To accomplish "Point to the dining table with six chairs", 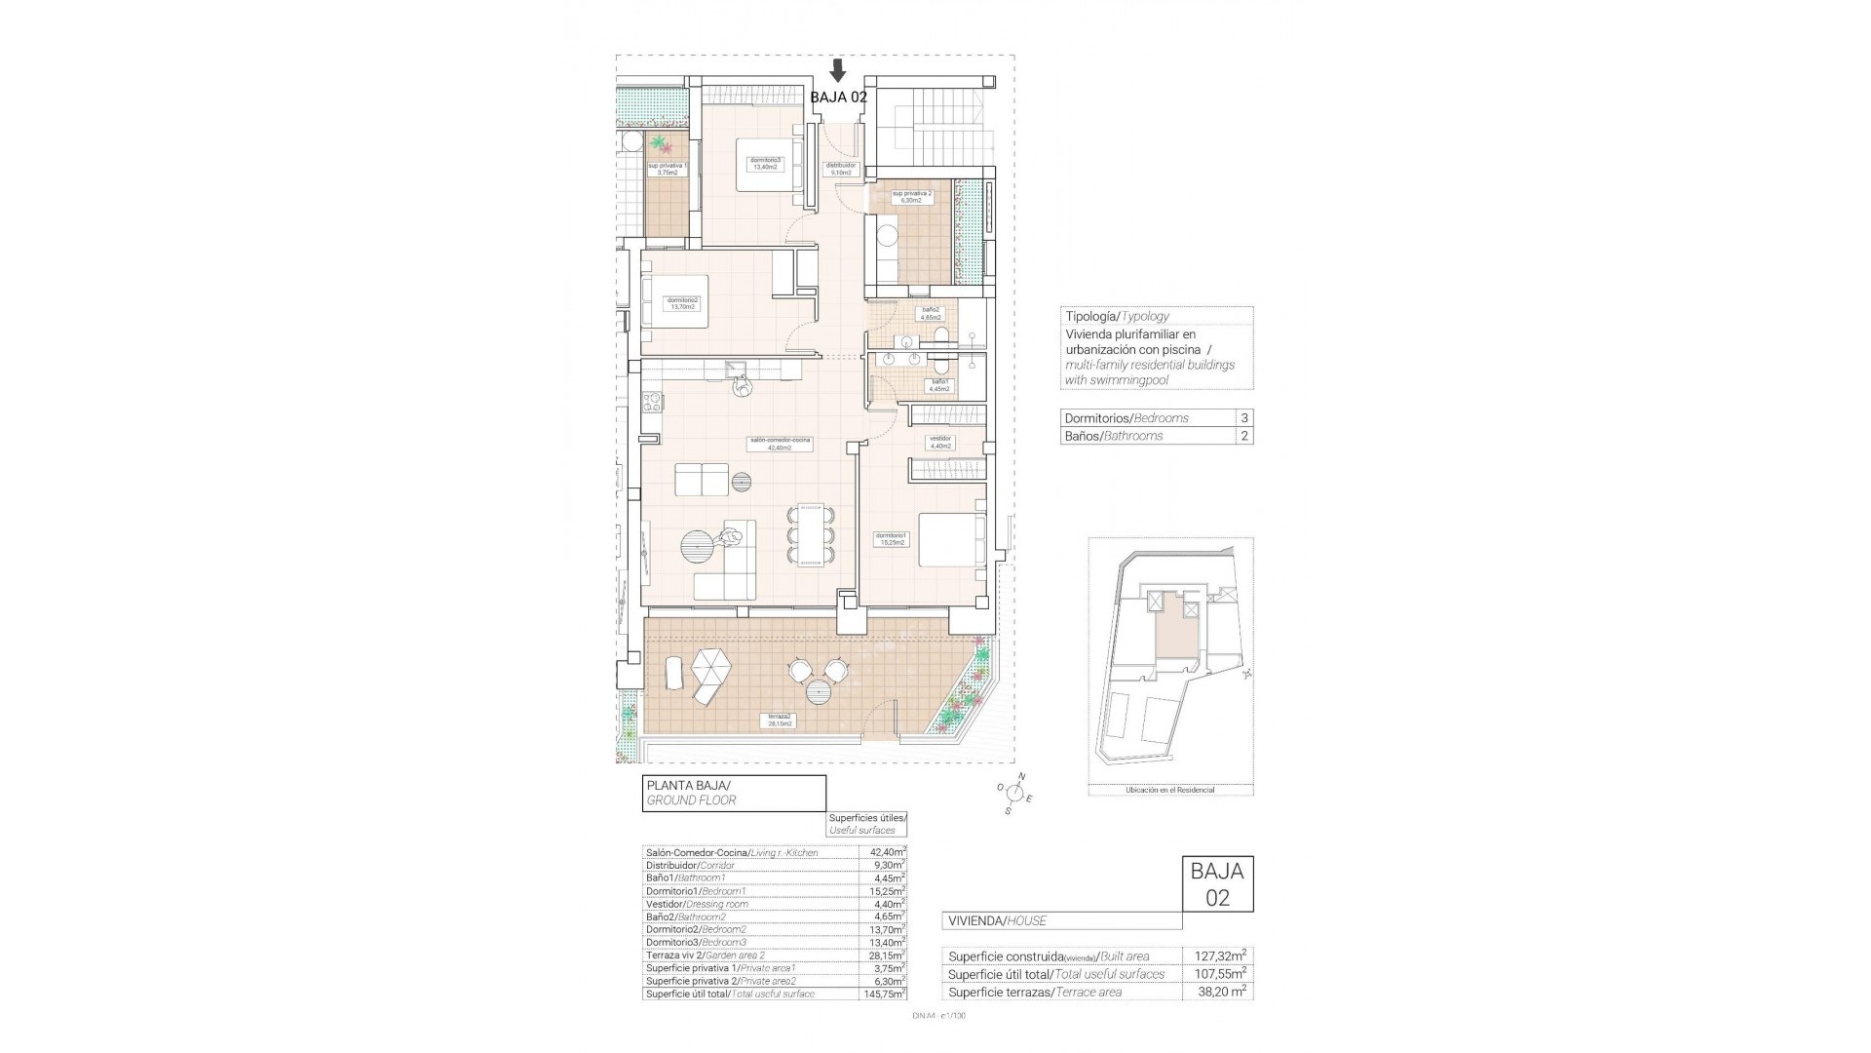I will [811, 533].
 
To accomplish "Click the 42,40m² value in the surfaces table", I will [882, 852].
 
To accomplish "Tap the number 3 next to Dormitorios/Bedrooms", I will [1243, 417].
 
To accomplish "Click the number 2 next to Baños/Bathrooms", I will [1243, 436].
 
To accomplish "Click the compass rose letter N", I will [1021, 776].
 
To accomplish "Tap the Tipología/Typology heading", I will [1117, 316].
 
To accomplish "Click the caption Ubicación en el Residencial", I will [1169, 790].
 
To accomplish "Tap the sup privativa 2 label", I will [912, 196].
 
